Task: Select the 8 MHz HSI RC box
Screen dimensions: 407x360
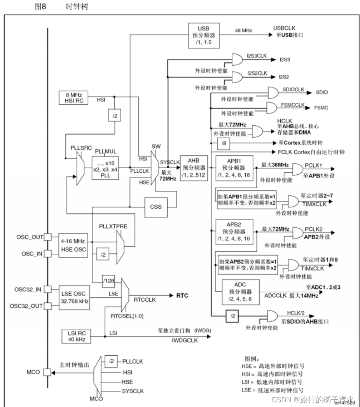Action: click(x=73, y=98)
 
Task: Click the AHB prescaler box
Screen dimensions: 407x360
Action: click(x=193, y=168)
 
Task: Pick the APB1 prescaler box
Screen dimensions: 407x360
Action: click(x=234, y=168)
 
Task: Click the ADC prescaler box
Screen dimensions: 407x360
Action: click(x=241, y=292)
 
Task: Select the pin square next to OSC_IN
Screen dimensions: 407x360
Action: click(x=47, y=254)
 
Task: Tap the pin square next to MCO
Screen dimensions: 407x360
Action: click(x=47, y=372)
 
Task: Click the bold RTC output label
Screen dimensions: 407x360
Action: click(x=182, y=296)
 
